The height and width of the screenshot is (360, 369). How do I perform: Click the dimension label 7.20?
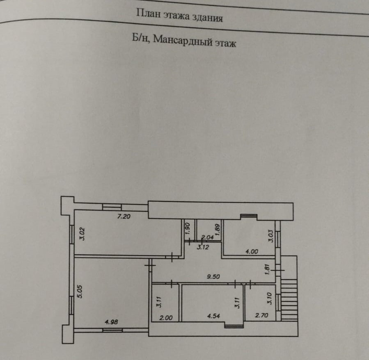124,216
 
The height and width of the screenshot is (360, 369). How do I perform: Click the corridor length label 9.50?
213,277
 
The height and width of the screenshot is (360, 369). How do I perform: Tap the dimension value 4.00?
252,252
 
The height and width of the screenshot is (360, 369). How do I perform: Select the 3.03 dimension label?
270,236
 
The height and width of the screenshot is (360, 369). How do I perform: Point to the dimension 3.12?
202,247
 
